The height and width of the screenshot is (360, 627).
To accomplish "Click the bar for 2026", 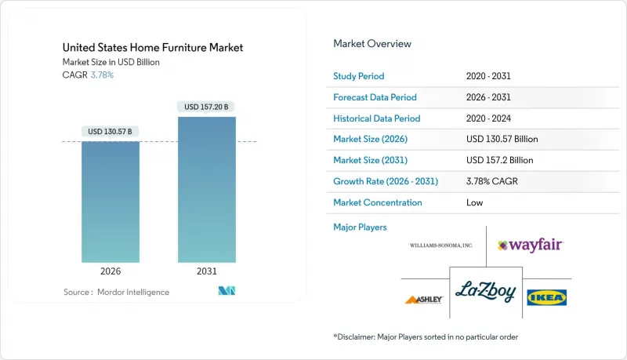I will tap(111, 202).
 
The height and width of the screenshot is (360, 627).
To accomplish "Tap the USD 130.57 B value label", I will tap(111, 131).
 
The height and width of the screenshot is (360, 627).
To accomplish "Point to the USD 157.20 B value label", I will tap(207, 106).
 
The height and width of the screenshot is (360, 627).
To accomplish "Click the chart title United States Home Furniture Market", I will tap(153, 47).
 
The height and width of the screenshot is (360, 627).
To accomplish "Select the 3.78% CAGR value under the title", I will tap(103, 75).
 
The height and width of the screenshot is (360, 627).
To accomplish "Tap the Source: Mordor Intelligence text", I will tap(116, 292).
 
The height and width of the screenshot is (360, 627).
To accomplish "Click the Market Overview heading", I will tap(372, 44).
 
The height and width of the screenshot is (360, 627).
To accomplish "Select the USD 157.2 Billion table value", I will tap(501, 160).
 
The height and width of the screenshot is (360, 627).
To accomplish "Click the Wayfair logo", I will tap(531, 245).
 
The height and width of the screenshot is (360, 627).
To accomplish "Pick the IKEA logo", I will tap(547, 297).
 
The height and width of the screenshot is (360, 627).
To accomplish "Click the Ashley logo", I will tap(424, 299).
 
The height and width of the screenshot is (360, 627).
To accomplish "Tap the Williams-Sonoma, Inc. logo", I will tap(441, 245).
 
